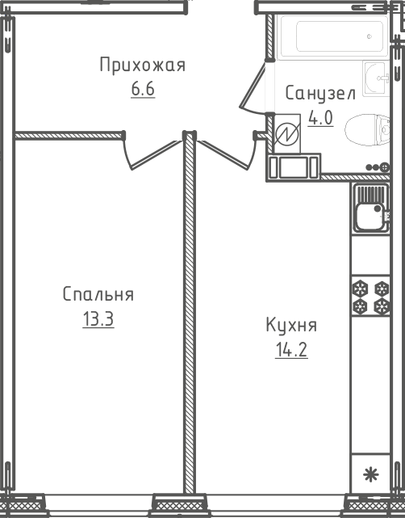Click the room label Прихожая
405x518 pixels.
[143, 65]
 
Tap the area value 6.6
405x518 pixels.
[143, 89]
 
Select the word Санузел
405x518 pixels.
[320, 94]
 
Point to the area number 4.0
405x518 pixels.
[320, 118]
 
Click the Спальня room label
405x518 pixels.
[98, 294]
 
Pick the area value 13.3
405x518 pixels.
[98, 319]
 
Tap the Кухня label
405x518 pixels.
[291, 325]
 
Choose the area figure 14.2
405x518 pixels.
[291, 350]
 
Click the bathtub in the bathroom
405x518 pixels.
[333, 37]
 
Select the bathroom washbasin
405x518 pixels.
[376, 78]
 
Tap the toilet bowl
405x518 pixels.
[367, 130]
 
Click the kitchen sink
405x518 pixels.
[371, 208]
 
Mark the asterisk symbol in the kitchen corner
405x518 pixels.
[371, 474]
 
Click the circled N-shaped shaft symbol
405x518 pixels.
[287, 134]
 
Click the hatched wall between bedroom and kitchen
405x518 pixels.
[190, 314]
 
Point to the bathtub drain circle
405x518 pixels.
[369, 36]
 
